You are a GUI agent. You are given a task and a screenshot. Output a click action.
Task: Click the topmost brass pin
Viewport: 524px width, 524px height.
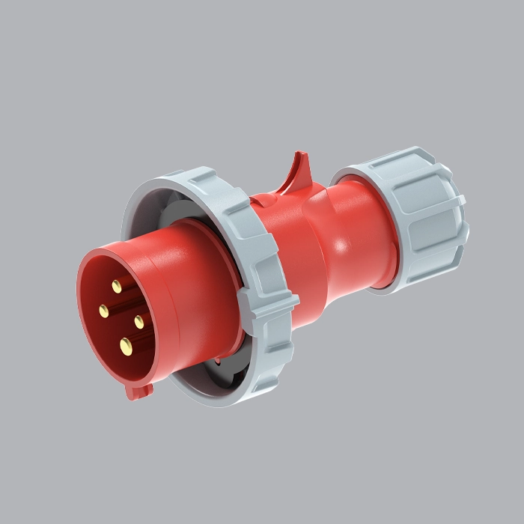(117, 285)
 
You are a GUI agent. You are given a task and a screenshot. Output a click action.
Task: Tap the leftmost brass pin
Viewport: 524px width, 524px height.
(103, 309)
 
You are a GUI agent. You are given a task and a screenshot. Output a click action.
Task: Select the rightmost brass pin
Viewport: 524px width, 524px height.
(139, 321)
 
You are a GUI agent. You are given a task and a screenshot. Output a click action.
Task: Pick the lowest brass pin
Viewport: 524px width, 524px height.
(126, 345)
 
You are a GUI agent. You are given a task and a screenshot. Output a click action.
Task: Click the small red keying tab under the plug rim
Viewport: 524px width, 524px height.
(139, 391)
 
